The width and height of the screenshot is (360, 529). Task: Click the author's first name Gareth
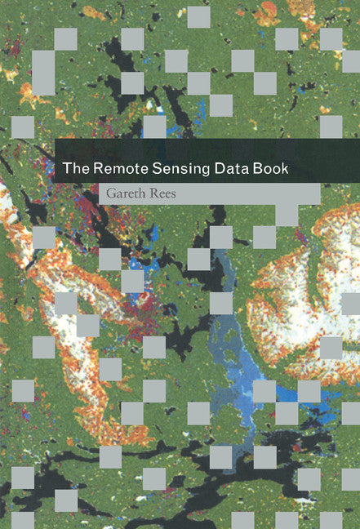tap(130, 193)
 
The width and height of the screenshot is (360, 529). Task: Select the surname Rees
tap(170, 193)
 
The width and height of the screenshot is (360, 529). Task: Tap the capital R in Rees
tap(160, 193)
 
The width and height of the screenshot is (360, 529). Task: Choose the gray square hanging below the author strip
tap(287, 215)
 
